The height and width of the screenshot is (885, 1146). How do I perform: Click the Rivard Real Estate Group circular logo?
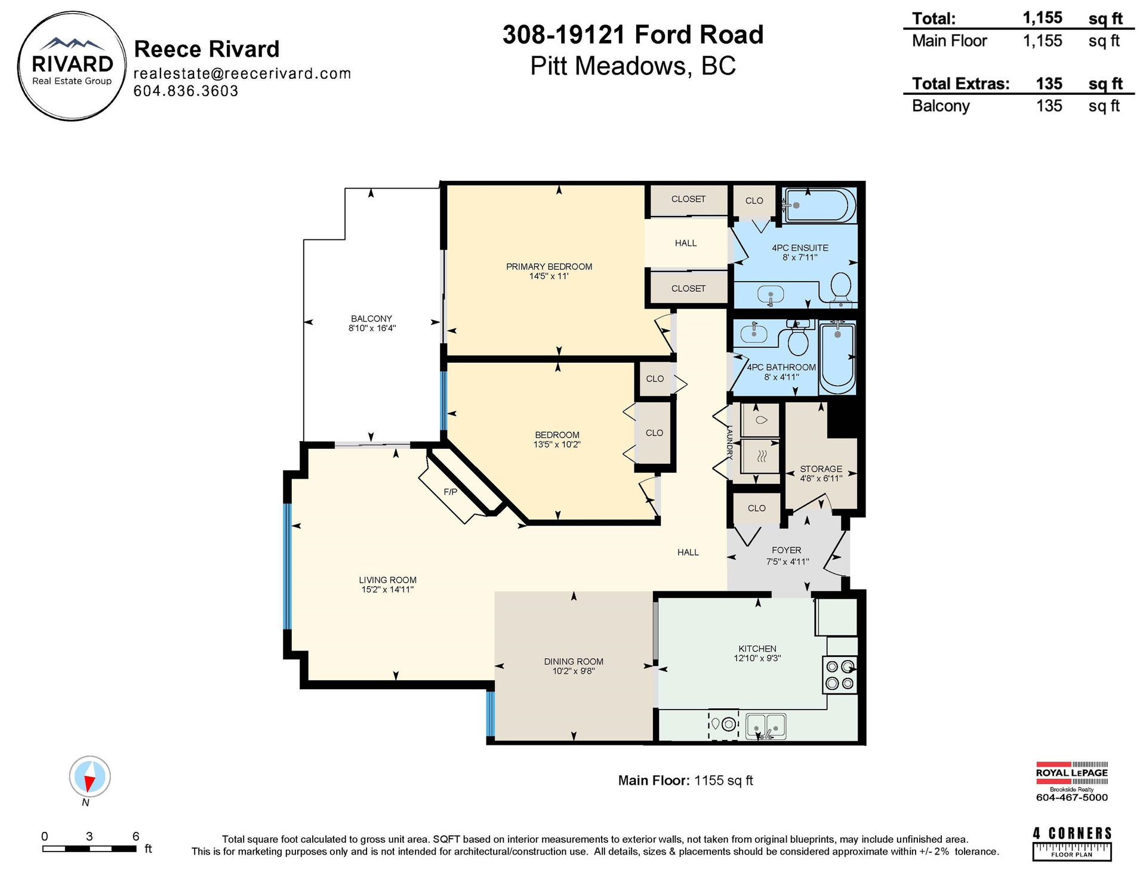click(x=72, y=66)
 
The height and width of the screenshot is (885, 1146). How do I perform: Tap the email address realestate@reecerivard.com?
click(x=242, y=73)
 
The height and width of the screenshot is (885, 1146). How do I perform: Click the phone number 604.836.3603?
click(x=186, y=91)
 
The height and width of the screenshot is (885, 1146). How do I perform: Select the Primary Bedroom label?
click(x=549, y=267)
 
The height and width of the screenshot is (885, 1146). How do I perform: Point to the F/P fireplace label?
click(x=451, y=492)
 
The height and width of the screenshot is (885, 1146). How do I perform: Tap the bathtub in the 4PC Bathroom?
click(x=837, y=357)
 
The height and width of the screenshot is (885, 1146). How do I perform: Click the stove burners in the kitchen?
click(x=840, y=674)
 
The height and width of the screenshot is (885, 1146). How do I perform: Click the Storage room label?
click(x=821, y=469)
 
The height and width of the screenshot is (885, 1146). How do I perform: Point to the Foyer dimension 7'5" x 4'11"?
click(x=787, y=562)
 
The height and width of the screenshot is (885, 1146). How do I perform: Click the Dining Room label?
click(x=574, y=661)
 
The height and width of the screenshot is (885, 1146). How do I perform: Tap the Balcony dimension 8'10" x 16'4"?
click(x=372, y=328)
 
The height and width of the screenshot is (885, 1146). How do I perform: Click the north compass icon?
click(x=90, y=776)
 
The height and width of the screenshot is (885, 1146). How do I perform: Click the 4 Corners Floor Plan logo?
click(x=1072, y=844)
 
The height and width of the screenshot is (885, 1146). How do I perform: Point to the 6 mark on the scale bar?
click(x=135, y=836)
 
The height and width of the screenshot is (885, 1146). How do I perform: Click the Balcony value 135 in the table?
click(x=1049, y=106)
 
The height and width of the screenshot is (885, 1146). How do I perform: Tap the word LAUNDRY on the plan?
click(x=729, y=442)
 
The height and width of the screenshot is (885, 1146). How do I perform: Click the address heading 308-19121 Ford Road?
click(x=633, y=35)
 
